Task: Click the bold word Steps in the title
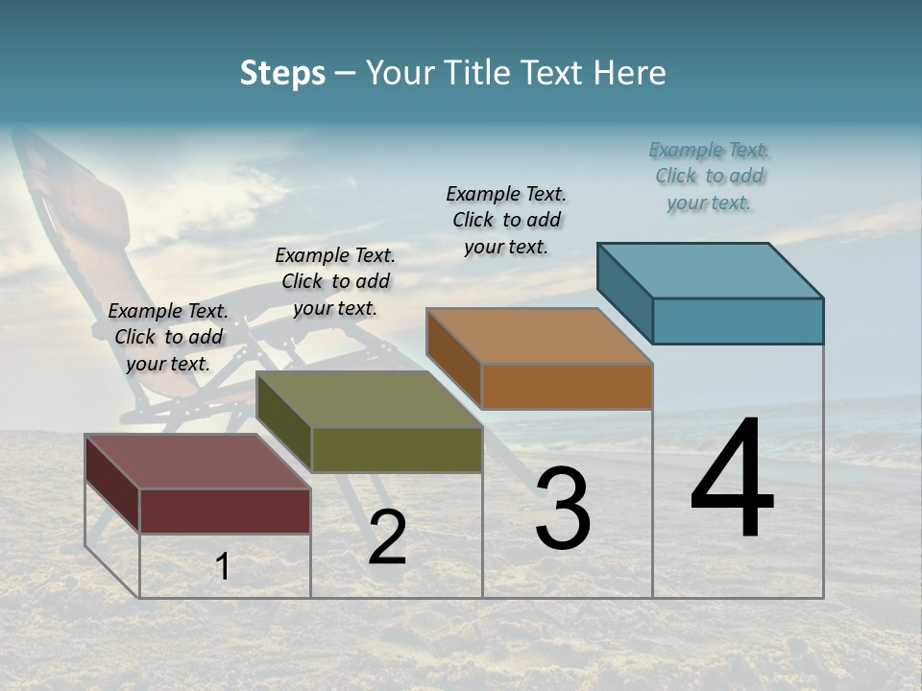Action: click(282, 73)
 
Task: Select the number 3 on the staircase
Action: click(563, 508)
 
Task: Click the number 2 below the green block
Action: click(387, 537)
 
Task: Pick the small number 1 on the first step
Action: click(222, 566)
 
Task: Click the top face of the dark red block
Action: click(198, 462)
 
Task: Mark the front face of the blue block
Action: click(738, 321)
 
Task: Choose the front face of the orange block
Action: click(567, 386)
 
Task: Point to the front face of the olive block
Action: click(397, 449)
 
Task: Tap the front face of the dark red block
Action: click(225, 511)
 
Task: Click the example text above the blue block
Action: click(710, 177)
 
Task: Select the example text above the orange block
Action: click(506, 221)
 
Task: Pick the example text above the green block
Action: click(335, 281)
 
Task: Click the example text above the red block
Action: click(168, 338)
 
